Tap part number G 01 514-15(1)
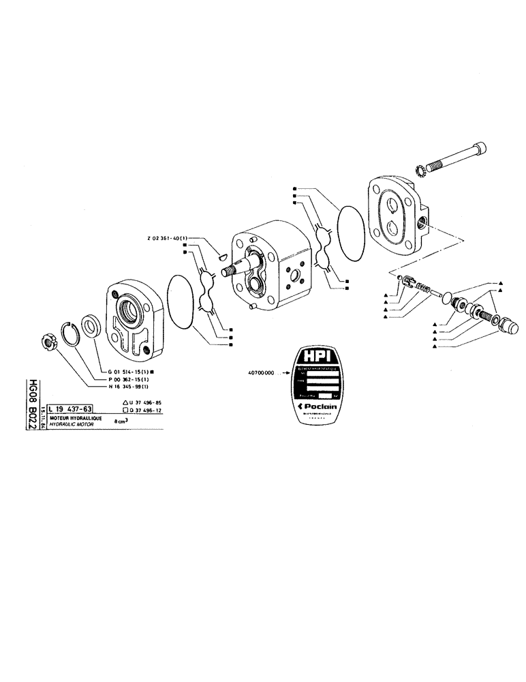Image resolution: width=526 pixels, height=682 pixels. [129, 370]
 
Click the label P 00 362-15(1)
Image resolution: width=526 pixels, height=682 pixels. [127, 379]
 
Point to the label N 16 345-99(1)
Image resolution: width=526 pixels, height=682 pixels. [127, 387]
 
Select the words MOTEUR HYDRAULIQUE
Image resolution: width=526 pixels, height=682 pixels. [74, 417]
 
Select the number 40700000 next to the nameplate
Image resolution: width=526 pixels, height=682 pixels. [261, 373]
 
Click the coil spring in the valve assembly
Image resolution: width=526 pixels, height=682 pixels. [424, 289]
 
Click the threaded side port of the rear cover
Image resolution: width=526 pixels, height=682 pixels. [424, 220]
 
